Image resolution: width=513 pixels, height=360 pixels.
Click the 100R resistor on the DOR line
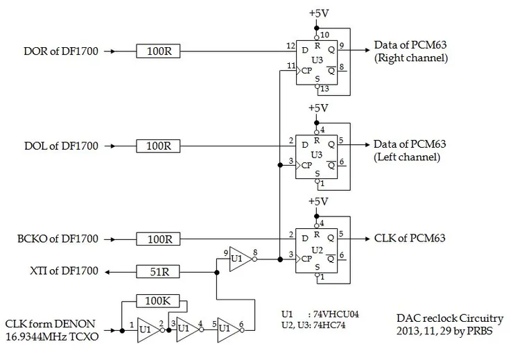pos(159,51)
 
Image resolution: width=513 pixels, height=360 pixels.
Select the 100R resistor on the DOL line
pos(159,146)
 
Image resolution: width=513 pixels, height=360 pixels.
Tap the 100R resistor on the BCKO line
pos(159,239)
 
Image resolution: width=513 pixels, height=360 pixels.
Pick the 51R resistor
pos(159,272)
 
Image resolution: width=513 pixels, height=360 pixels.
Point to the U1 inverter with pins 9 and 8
pos(239,259)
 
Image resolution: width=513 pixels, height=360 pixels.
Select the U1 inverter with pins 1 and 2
pos(146,328)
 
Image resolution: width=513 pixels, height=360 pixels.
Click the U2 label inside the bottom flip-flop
pos(318,248)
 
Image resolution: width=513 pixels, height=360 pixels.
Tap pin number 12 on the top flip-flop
pos(290,45)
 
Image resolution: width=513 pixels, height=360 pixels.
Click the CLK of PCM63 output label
pos(410,239)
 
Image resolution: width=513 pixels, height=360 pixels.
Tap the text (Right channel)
pos(411,59)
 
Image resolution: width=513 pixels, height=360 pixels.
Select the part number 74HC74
pos(332,323)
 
